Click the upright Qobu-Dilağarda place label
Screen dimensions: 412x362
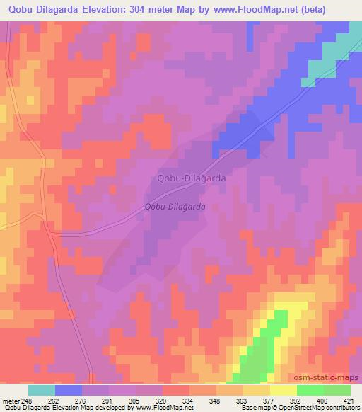192,179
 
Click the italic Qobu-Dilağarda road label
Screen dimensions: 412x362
175,207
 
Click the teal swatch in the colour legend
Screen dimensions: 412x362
42,390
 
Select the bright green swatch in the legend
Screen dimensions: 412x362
310,390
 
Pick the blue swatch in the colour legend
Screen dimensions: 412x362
69,390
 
